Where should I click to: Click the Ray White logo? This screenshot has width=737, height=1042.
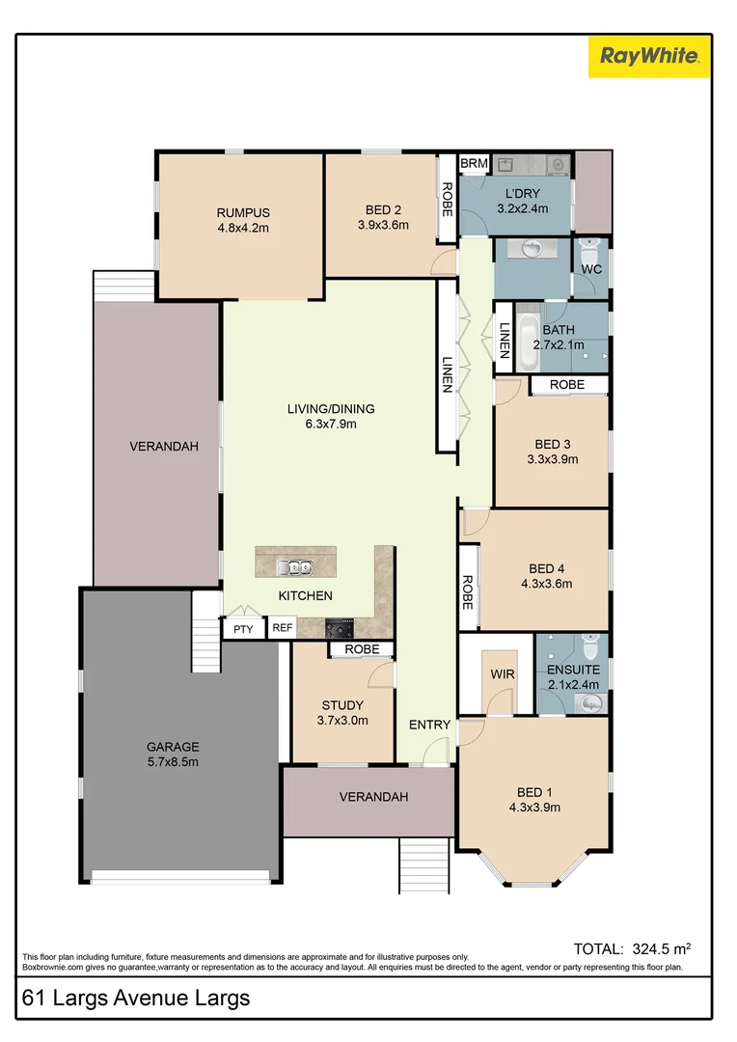650,56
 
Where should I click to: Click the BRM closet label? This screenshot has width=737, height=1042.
474,164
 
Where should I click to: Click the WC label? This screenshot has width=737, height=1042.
591,269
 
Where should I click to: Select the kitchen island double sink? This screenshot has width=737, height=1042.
294,566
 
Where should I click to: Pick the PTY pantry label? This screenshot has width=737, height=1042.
241,628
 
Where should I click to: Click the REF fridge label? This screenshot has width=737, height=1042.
282,628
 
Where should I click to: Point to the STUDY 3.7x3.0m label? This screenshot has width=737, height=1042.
341,712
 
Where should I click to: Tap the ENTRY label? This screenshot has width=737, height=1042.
429,725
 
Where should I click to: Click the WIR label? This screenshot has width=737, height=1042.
503,674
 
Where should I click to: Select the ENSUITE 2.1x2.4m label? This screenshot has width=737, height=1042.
573,676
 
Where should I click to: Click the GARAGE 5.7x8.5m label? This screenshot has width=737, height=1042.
173,754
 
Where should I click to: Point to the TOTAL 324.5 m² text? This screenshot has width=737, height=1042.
632,948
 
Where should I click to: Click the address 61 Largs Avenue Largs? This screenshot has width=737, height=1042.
136,998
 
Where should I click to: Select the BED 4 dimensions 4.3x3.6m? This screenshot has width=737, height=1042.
545,584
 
